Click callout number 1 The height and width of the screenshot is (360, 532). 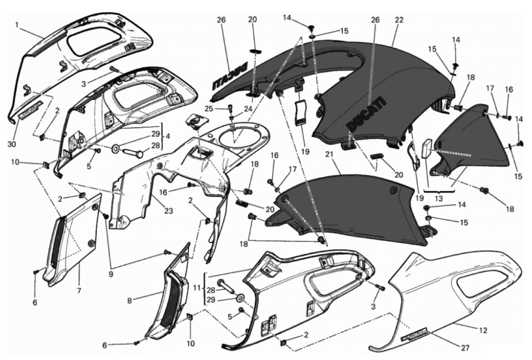16,25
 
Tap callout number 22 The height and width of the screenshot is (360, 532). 399,20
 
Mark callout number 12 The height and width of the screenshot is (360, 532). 483,331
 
